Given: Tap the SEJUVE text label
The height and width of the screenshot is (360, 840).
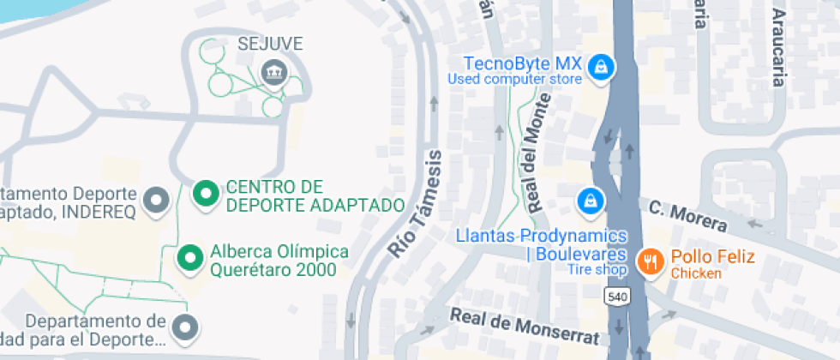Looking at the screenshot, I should point(271,43).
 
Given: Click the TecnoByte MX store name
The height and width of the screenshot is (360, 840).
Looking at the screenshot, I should point(522,64).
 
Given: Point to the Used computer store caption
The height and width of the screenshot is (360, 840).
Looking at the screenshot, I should point(515,80).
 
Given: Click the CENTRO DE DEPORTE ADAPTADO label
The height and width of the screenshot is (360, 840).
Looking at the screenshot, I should point(315,196).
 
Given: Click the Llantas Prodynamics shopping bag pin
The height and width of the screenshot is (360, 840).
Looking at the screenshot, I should point(591,201).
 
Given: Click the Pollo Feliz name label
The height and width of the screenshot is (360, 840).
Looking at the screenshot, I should point(712,256).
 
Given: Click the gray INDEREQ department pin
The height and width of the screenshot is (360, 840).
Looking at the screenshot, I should point(156,200).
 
